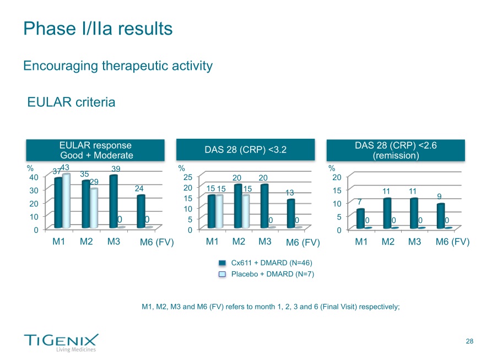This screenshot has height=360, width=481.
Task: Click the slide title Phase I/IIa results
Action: click(x=98, y=28)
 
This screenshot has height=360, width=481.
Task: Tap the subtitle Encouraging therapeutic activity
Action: click(x=118, y=66)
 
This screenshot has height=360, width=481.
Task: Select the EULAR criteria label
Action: click(x=71, y=102)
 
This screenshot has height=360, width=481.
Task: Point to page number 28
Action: click(x=469, y=342)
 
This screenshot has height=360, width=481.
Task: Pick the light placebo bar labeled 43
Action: click(x=67, y=201)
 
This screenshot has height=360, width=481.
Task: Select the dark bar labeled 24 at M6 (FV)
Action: click(x=140, y=211)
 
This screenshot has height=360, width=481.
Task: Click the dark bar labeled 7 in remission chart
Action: click(x=360, y=219)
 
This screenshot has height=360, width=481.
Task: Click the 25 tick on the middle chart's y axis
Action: click(x=188, y=177)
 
